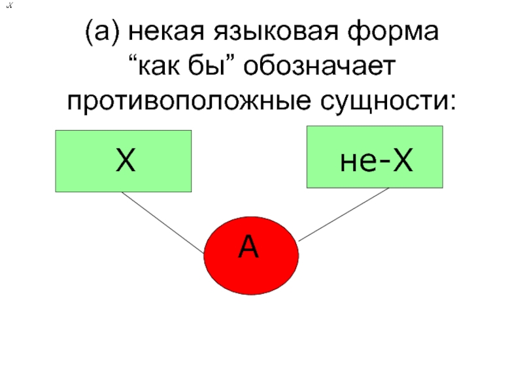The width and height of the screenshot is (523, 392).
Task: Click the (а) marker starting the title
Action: coord(101,31)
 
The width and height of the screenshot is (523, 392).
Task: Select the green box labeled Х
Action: coord(124,161)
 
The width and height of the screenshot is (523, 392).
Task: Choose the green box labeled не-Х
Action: coord(375,157)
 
